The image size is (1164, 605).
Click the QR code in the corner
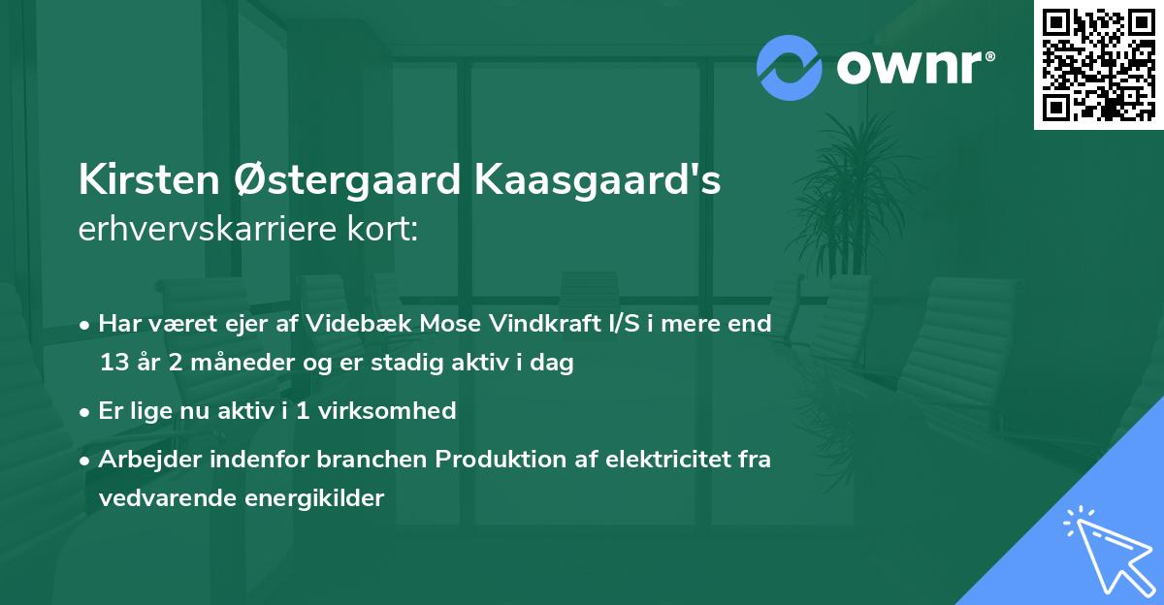coord(1098,64)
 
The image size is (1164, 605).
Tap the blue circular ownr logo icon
coord(790,67)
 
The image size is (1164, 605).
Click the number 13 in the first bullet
coord(113,364)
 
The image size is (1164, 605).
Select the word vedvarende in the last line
coord(155,498)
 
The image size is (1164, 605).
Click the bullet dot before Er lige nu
coord(85,411)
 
